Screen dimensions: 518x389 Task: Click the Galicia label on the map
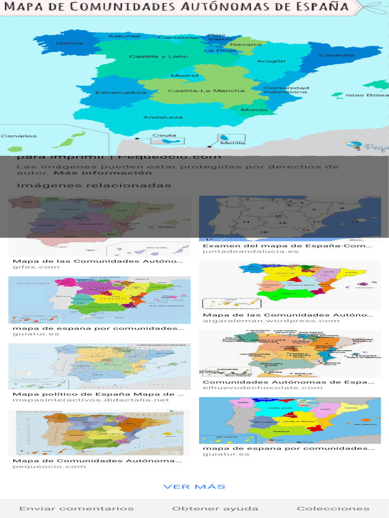click(70, 44)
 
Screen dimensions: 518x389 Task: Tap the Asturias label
click(124, 36)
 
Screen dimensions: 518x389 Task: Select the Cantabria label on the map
click(177, 38)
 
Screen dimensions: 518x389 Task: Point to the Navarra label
click(246, 45)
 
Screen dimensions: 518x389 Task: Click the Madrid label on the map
click(181, 76)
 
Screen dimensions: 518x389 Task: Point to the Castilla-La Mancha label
click(206, 91)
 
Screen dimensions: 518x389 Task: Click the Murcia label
click(254, 110)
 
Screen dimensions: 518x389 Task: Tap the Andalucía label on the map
click(163, 117)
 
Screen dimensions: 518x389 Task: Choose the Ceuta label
click(165, 136)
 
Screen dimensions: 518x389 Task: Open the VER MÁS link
click(194, 487)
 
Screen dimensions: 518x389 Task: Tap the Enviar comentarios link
click(76, 508)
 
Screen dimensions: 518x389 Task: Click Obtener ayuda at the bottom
click(215, 508)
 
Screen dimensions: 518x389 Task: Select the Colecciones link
click(333, 508)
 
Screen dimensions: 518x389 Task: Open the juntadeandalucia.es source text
click(251, 251)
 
